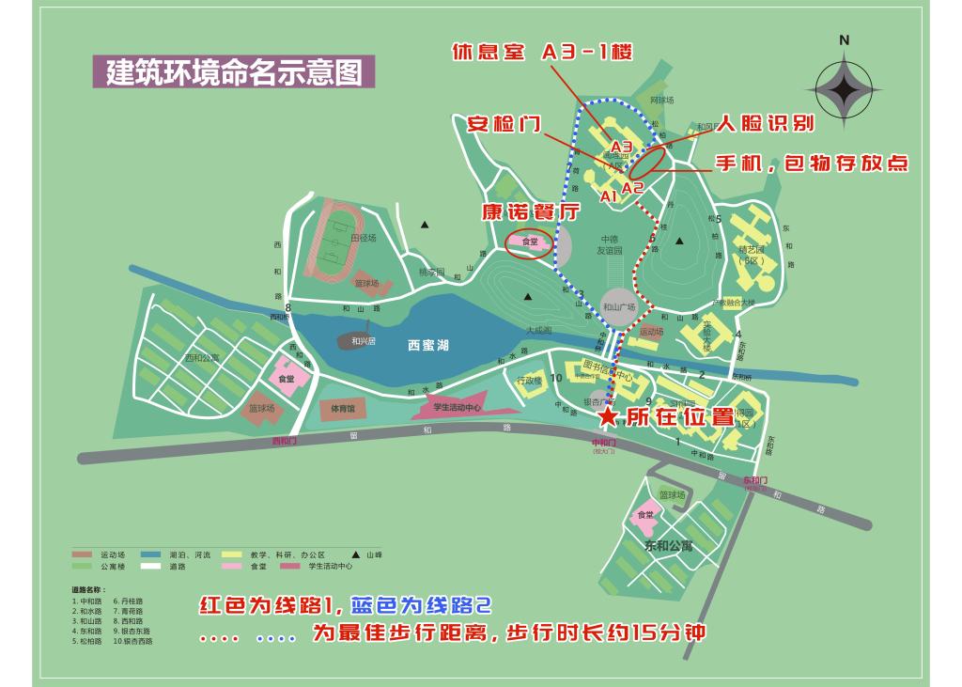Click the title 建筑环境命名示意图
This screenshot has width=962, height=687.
(x=234, y=72)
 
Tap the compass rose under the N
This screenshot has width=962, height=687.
(x=844, y=90)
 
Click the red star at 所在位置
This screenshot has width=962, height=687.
(x=609, y=414)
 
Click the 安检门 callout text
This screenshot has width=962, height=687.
(x=504, y=124)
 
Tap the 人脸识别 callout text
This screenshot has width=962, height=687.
(x=766, y=123)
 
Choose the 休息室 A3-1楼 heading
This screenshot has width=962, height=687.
(x=542, y=53)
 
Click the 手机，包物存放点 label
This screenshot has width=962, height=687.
(x=813, y=164)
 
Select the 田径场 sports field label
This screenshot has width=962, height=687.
(x=363, y=239)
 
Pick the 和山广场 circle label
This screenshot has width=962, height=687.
(x=619, y=306)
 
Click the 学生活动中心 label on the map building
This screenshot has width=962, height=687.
(x=457, y=407)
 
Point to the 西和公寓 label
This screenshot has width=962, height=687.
(x=201, y=357)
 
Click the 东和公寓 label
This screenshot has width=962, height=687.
(x=668, y=546)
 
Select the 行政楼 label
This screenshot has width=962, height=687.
(x=530, y=381)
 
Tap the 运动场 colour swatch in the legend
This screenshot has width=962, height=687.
(x=83, y=555)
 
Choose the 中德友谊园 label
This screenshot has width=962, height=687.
(x=611, y=245)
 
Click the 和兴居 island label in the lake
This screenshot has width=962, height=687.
(x=363, y=341)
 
